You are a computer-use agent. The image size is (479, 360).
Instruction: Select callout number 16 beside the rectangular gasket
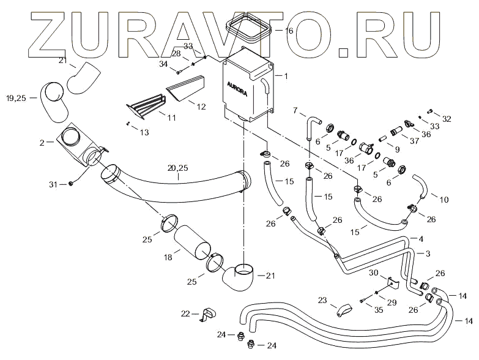[x=289, y=31]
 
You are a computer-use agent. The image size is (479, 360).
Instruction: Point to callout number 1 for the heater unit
[x=286, y=75]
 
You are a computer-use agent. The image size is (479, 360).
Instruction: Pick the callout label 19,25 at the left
[x=16, y=97]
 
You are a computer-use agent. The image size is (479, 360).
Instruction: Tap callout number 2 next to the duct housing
[x=42, y=142]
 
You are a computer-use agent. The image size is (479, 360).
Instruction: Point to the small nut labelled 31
[x=72, y=183]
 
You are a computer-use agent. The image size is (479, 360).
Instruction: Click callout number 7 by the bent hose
[x=294, y=111]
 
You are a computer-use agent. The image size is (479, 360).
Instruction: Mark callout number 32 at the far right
[x=447, y=119]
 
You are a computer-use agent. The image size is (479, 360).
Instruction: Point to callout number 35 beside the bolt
[x=378, y=310]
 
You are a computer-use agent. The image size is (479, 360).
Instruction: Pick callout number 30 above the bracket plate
[x=374, y=272]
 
